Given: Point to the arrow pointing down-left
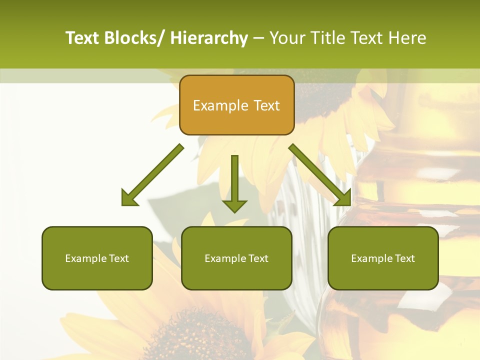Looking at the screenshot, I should click(152, 175).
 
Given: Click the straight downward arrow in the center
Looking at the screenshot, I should click(234, 182).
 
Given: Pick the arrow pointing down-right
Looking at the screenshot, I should click(320, 175).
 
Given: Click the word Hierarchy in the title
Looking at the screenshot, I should click(209, 38).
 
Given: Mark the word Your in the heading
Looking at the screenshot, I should click(286, 38).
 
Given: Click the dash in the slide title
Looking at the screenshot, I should click(258, 38).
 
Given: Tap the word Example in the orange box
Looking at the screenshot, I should click(220, 105).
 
